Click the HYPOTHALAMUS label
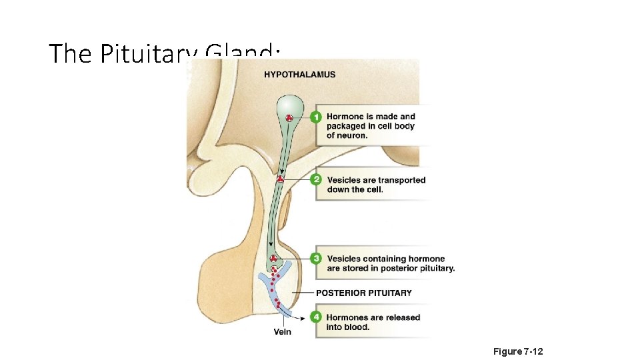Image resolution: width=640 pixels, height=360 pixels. pos(299,75)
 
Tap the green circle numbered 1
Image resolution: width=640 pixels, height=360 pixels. pos(316,117)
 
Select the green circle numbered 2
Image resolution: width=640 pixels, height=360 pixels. pos(316,180)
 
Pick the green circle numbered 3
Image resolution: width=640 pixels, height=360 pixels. pos(316,259)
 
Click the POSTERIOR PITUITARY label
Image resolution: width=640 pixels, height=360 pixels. pos(363,293)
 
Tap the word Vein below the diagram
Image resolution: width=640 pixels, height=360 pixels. pos(283,331)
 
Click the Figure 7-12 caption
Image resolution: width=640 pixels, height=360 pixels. pos(518,351)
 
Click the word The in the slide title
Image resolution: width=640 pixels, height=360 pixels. pos(72,53)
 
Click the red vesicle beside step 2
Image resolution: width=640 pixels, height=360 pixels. pos(281,179)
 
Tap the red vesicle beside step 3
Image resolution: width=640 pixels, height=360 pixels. pos(273,259)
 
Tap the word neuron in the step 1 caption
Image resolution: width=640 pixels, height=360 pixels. pos(352,135)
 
